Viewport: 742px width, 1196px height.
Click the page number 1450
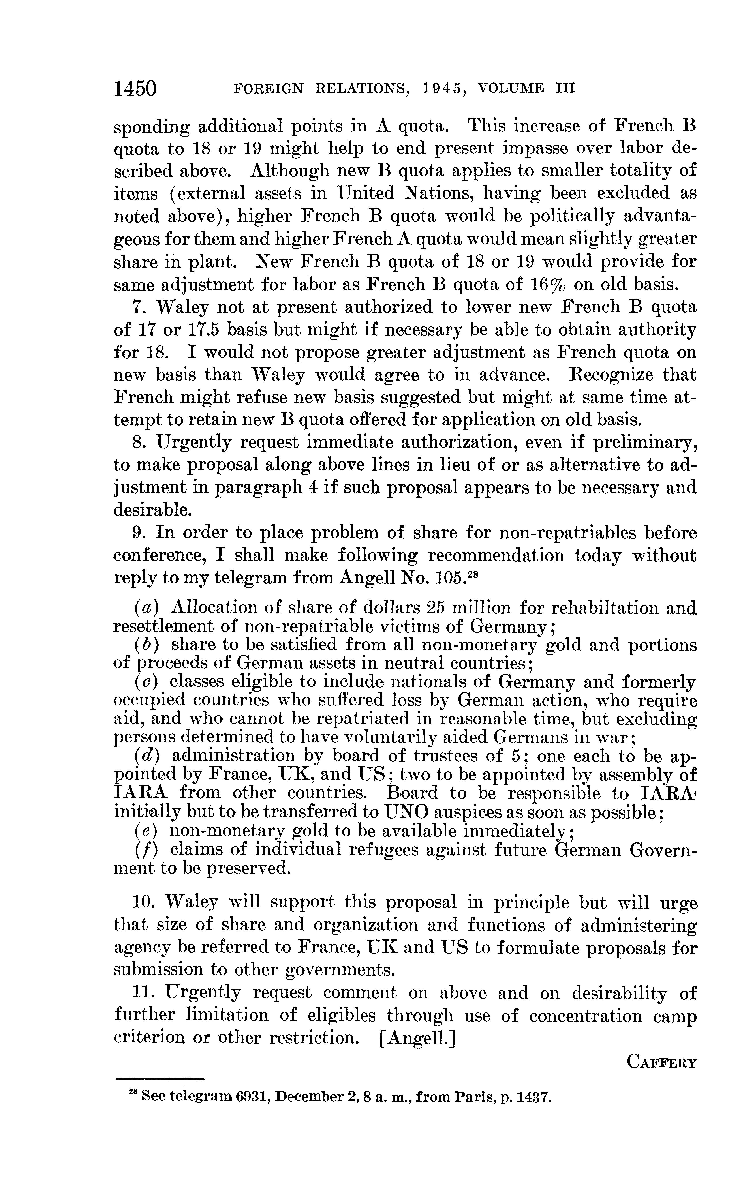[x=134, y=88]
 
